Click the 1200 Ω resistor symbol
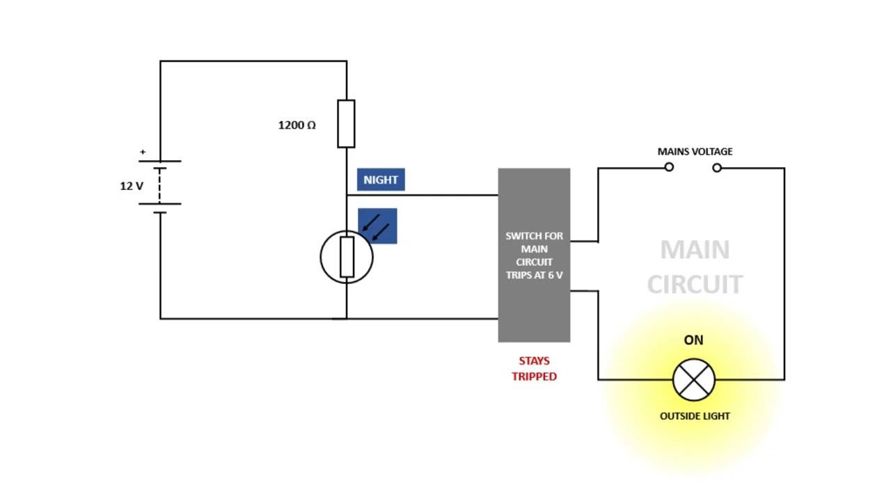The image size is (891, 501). coord(346,124)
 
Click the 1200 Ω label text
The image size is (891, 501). coord(297,125)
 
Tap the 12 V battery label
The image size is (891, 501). coord(132,186)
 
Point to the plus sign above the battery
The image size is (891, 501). coord(143,152)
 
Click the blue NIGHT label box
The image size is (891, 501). coord(381,180)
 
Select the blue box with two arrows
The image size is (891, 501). coord(378,226)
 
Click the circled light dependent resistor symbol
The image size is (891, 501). coord(347,257)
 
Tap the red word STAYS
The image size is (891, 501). coord(534,360)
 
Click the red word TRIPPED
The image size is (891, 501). coord(534,376)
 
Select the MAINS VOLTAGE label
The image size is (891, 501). coord(695,151)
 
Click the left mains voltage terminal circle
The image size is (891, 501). coord(669,167)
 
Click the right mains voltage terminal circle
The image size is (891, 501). coord(717,167)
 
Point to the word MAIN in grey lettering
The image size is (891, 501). coord(695,250)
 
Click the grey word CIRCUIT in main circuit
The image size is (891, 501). coord(695,284)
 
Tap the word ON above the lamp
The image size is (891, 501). coord(693,340)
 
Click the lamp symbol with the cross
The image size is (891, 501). coord(694,380)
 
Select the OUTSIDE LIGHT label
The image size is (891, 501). coord(695,415)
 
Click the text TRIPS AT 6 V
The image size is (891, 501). coord(534,275)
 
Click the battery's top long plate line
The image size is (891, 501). coord(160,161)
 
